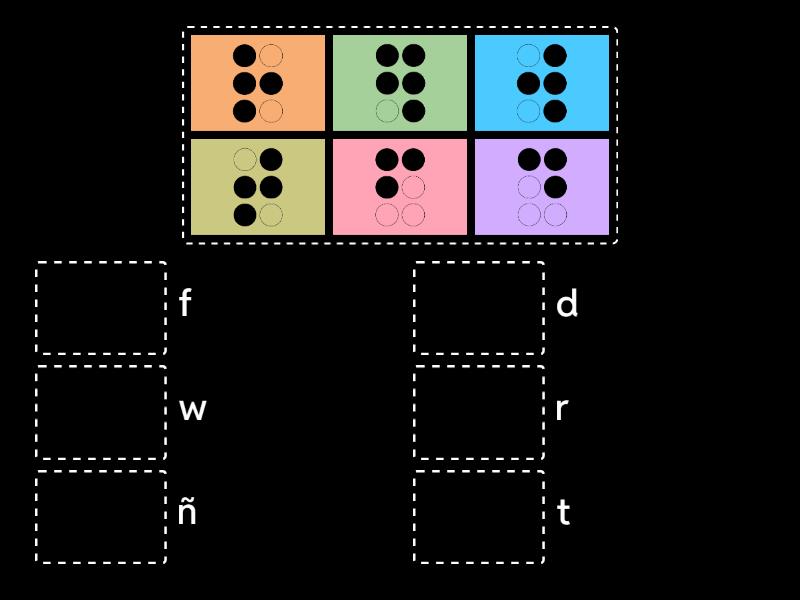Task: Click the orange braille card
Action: tap(258, 83)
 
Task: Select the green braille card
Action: tap(400, 83)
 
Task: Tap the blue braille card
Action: tap(542, 83)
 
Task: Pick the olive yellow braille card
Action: tap(258, 187)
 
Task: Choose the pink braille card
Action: tap(400, 187)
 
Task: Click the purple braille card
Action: tap(542, 187)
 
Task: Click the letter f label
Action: tap(185, 304)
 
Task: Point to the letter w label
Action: tap(192, 409)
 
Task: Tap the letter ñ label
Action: tap(187, 512)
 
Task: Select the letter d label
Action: tap(567, 304)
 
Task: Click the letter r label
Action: tap(562, 409)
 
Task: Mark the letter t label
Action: tap(564, 513)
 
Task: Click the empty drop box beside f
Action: tap(101, 308)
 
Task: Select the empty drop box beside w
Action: tap(101, 413)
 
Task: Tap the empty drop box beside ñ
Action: tap(101, 517)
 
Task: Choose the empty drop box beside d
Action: tap(479, 308)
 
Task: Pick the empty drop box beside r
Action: tap(479, 413)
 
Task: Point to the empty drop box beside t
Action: tap(479, 517)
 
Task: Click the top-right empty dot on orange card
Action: tap(271, 56)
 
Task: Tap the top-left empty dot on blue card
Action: tap(528, 56)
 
